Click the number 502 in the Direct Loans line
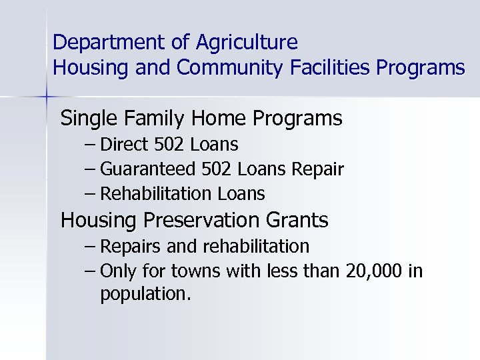(172, 144)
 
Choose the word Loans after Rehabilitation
(241, 194)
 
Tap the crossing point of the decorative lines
(47, 97)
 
